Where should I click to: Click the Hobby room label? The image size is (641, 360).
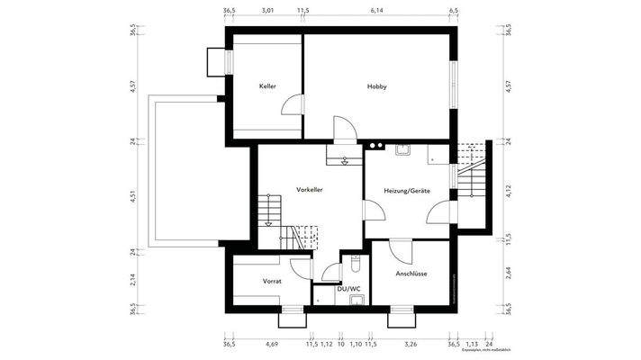376,86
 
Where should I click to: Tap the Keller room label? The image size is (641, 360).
267,86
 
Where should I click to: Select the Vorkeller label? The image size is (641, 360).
309,191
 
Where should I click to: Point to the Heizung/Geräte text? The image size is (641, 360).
406,191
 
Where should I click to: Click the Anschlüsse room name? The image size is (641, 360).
411,274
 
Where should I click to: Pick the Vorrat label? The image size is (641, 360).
272,282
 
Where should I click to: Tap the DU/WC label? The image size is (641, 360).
348,289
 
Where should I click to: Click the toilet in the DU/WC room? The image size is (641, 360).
357,264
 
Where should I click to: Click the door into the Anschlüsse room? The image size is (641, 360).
399,249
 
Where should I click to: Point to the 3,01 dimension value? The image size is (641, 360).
267,11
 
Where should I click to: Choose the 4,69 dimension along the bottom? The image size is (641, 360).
271,344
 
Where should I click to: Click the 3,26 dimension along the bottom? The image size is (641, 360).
411,344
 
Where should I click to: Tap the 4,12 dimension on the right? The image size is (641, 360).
509,190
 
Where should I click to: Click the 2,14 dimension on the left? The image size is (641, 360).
132,280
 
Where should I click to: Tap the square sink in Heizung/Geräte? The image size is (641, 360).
403,149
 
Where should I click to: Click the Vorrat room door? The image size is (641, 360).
300,267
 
